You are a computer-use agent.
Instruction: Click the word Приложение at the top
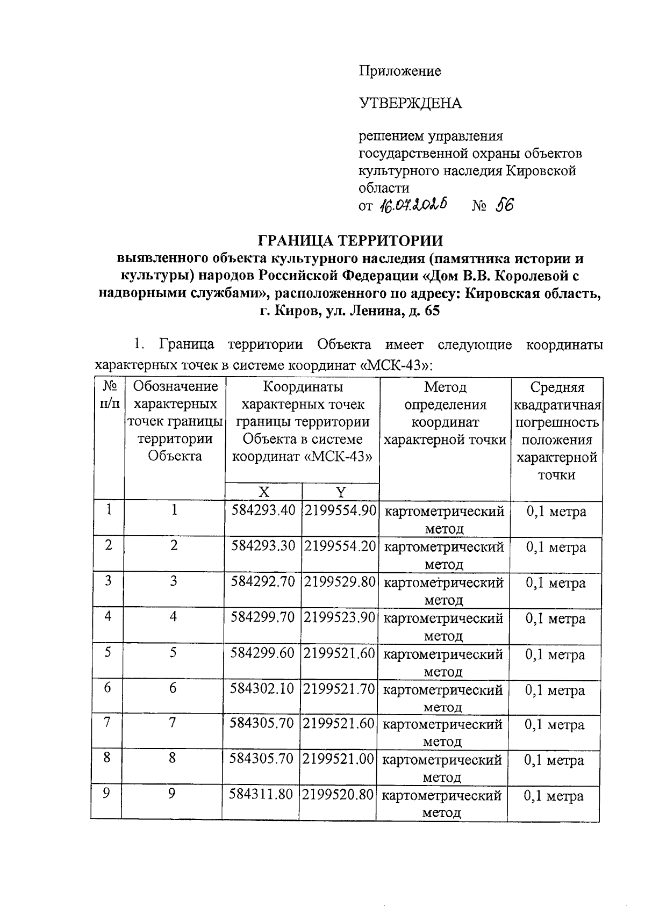coord(400,71)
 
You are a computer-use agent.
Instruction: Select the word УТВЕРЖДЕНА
coord(410,103)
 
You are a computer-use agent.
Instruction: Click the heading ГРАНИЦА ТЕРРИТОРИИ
coord(352,240)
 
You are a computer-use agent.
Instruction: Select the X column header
coord(263,492)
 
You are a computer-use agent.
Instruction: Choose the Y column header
coord(341,492)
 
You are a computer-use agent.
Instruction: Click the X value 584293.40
coord(263,510)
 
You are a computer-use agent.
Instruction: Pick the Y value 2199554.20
coord(340,546)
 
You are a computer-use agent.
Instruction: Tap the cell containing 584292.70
coord(263,581)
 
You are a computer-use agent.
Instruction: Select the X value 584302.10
coord(262,688)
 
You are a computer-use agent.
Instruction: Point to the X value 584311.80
coord(261,794)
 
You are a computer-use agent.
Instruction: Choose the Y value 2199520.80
coord(338,794)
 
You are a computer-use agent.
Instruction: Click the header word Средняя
coord(557,387)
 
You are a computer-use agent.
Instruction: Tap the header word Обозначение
coord(175,386)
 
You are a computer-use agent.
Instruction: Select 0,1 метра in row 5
coord(555,654)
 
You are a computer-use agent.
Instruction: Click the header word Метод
coord(445,387)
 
